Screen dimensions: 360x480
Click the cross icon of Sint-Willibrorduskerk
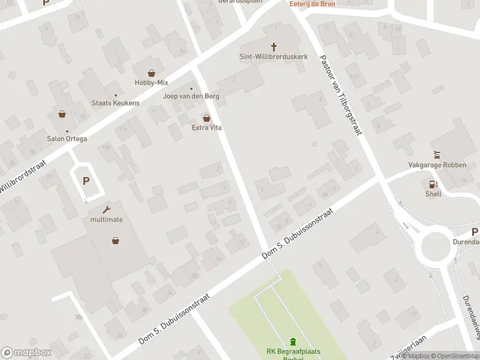pos(274,46)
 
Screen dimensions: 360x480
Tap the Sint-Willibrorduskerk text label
pos(274,56)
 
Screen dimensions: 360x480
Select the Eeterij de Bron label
pos(313,4)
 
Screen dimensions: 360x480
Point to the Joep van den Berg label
pos(191,96)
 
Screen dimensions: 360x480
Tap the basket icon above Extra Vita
pos(207,118)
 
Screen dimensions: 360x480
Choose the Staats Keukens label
pos(115,103)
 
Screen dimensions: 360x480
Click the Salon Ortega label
pos(67,139)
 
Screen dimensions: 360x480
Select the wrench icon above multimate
pos(107,209)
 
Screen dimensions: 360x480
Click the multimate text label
pos(107,220)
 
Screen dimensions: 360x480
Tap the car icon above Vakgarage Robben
pos(437,154)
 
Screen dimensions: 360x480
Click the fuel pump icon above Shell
pos(433,184)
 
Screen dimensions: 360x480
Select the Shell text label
pos(433,194)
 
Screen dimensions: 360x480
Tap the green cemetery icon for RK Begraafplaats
pos(293,341)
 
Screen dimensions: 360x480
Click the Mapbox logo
pos(26,353)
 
